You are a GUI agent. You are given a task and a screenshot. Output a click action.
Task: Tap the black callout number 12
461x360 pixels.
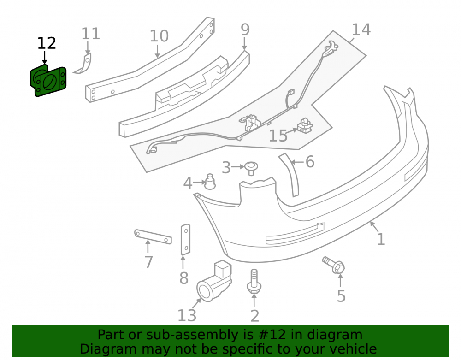point(47,43)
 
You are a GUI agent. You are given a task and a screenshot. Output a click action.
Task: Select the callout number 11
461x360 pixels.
point(90,34)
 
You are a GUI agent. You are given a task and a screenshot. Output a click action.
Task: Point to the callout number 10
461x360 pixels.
point(159,36)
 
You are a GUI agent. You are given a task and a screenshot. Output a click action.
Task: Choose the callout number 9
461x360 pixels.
point(245,30)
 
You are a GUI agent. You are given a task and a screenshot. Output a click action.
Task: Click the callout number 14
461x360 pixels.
point(361,30)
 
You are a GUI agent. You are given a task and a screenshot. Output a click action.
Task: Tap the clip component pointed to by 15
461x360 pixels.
point(306,125)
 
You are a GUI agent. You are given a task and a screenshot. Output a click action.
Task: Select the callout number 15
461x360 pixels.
point(278,136)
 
